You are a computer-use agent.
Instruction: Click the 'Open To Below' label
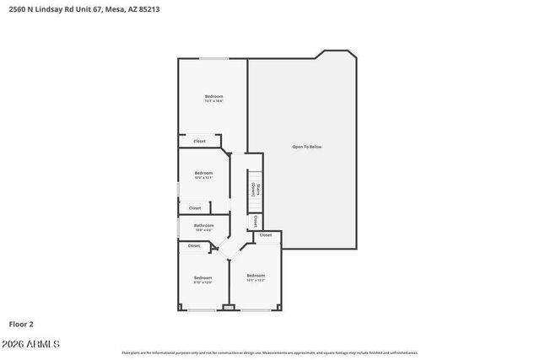click(306, 147)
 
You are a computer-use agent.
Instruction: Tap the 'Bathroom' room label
click(203, 225)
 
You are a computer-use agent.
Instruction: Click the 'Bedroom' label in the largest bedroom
click(213, 97)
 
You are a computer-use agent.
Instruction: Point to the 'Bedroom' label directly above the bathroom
click(203, 174)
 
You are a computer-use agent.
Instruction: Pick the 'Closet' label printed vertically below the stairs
click(256, 221)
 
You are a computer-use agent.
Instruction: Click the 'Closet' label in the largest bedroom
click(199, 141)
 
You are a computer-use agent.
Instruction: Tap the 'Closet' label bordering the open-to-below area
click(266, 235)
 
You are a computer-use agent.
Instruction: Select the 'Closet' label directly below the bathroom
click(194, 246)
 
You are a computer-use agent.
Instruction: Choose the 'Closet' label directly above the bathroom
click(195, 207)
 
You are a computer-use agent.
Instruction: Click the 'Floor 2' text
click(21, 324)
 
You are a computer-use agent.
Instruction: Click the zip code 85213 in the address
click(148, 9)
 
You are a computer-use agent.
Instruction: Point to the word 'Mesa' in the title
click(115, 9)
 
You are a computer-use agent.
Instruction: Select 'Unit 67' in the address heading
click(85, 9)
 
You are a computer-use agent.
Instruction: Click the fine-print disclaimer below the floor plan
click(270, 352)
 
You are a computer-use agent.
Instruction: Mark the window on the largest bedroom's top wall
click(213, 58)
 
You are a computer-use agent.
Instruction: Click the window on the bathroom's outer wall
click(178, 226)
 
